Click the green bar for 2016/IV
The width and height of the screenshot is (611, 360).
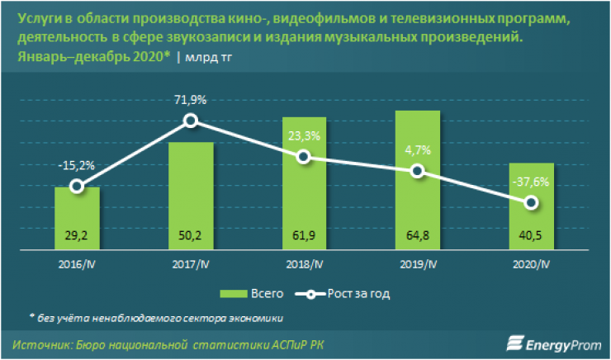[77, 217]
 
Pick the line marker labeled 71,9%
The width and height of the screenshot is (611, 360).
[191, 121]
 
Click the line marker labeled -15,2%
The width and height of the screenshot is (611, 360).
[77, 186]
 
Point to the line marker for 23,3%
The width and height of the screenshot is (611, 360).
[305, 157]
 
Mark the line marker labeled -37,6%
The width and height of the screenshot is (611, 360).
[532, 202]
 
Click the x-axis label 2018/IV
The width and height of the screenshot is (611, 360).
[305, 264]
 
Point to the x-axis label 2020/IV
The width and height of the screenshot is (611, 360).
[532, 264]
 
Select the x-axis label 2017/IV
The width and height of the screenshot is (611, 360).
[191, 264]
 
